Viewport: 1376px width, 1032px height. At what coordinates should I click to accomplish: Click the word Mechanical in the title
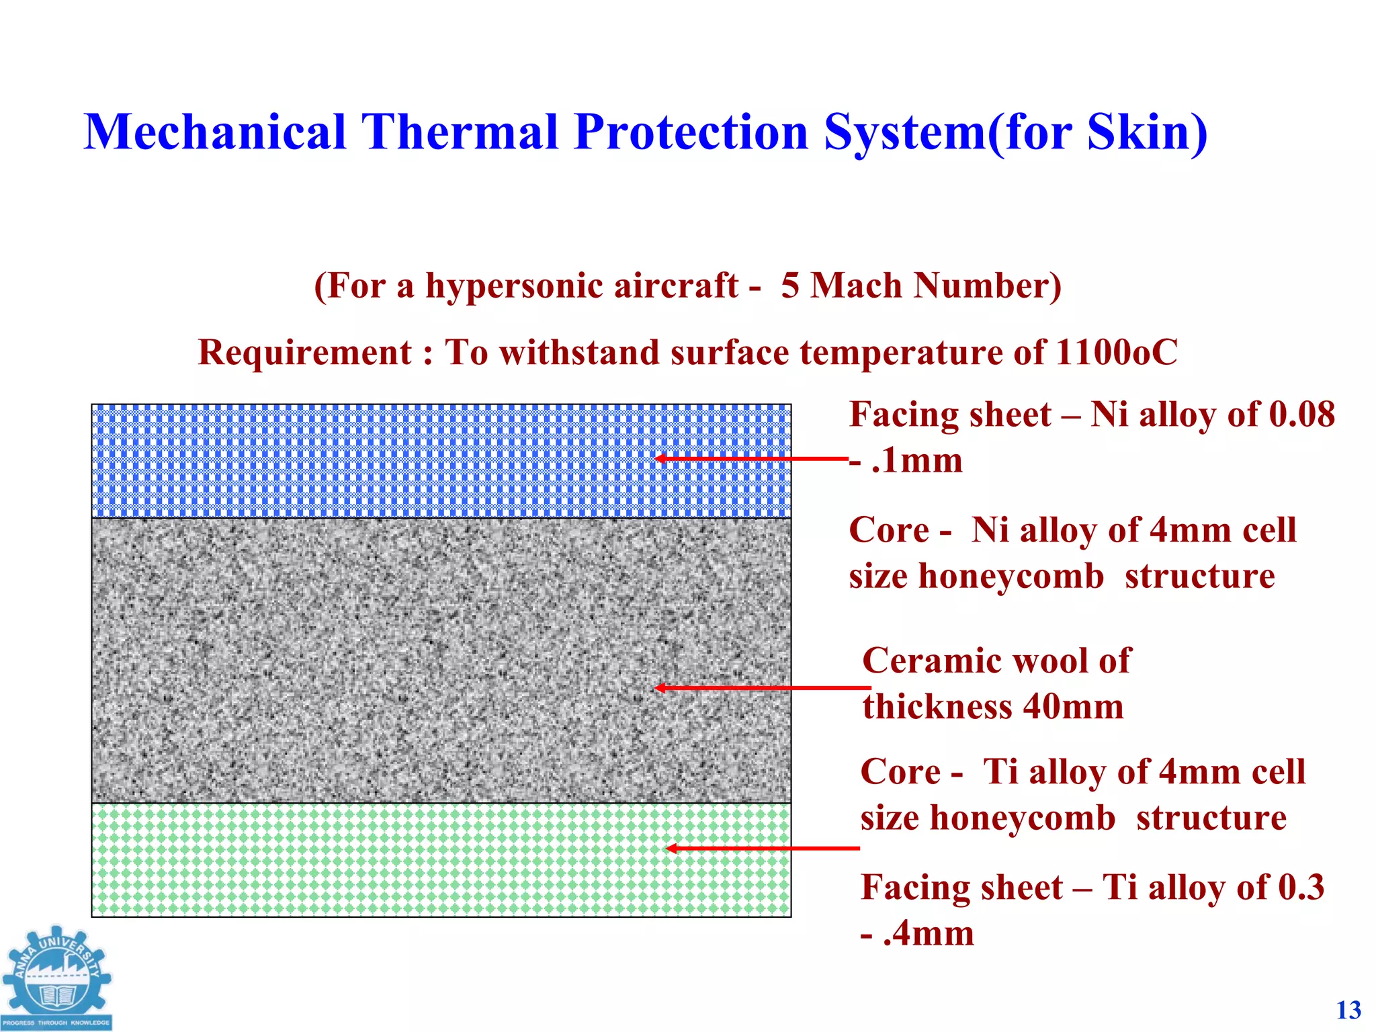tap(214, 132)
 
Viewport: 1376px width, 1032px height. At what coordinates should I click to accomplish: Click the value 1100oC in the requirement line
tap(1116, 353)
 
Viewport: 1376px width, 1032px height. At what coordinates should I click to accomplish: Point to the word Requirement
tap(304, 353)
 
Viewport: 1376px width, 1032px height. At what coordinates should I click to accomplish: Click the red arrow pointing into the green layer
tap(762, 849)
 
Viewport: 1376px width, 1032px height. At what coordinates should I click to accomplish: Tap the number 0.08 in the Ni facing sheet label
tap(1301, 415)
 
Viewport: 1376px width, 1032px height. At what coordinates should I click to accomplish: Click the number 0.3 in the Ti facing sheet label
tap(1300, 888)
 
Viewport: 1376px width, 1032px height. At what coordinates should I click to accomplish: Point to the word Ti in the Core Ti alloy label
tap(1000, 772)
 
